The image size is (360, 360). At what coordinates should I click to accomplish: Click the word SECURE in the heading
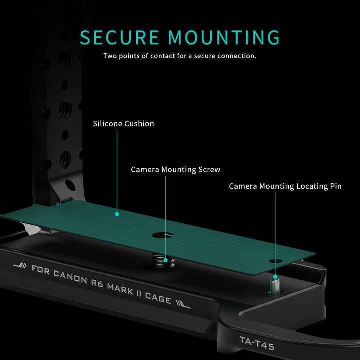click(x=120, y=38)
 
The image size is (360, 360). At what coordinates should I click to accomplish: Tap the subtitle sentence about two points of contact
click(x=180, y=56)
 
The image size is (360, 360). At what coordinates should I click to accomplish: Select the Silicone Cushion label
click(x=123, y=123)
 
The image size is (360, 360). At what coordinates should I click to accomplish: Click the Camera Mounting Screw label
click(x=175, y=170)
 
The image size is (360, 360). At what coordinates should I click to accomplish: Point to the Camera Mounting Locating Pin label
click(x=285, y=186)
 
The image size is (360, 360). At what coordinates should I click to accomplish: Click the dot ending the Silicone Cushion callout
click(x=117, y=214)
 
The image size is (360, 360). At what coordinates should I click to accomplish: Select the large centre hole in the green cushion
click(x=163, y=234)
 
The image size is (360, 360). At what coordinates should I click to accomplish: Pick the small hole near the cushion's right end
click(x=273, y=261)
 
